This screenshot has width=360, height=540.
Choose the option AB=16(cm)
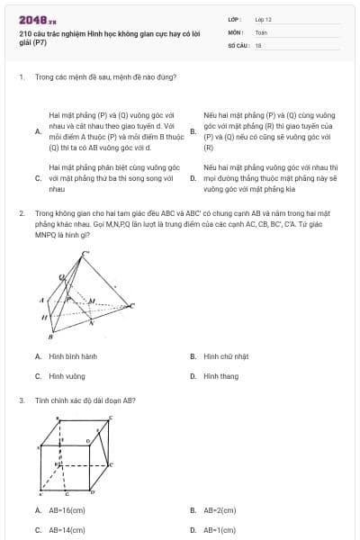tap(67, 510)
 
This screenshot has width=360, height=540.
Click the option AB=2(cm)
tap(220, 510)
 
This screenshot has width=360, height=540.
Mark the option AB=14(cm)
tap(67, 530)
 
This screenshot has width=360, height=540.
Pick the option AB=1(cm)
tap(220, 530)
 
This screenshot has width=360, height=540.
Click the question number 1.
tap(21, 76)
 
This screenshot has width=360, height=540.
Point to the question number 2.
tap(21, 213)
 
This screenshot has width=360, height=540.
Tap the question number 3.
tap(21, 400)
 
